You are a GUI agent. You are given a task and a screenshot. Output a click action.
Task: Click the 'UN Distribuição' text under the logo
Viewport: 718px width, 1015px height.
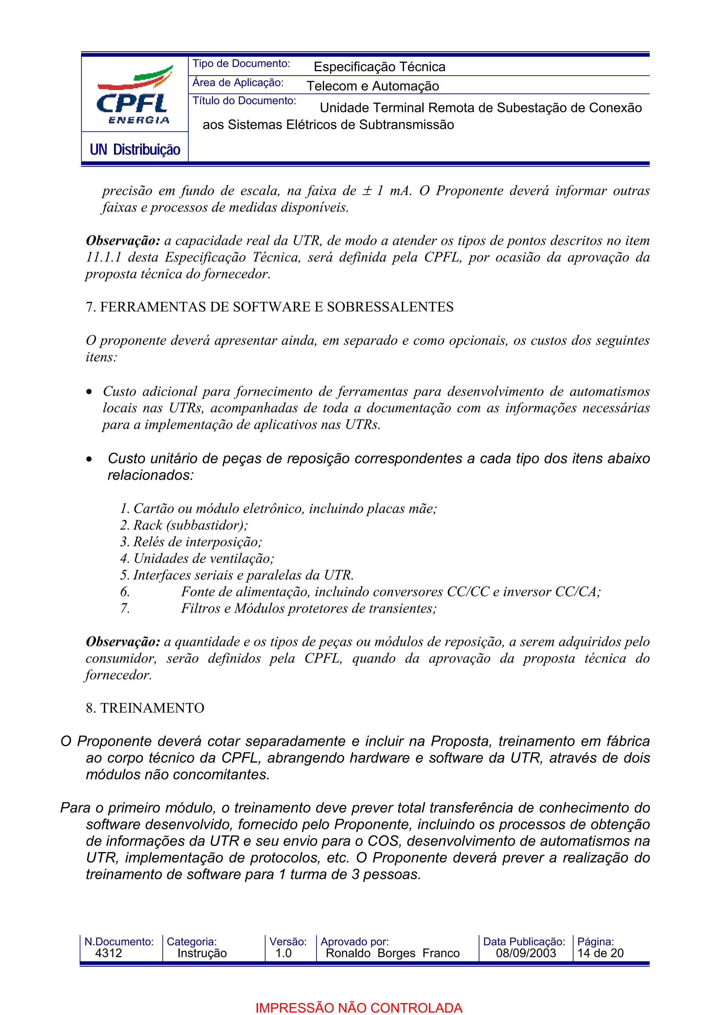[135, 150]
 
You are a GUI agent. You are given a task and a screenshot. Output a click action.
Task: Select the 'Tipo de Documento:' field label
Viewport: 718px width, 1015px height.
[241, 64]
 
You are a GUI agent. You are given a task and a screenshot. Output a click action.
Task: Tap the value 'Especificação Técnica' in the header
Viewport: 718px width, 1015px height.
[379, 67]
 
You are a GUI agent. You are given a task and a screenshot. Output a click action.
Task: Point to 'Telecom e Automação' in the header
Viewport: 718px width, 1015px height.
[372, 86]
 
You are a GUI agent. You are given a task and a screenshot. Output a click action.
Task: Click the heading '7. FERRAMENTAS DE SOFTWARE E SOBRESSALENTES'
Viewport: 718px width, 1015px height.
[269, 307]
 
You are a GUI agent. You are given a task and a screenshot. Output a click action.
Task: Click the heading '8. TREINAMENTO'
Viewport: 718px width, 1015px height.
[145, 708]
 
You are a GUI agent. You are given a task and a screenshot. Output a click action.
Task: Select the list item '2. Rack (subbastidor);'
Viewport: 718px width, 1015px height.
[184, 525]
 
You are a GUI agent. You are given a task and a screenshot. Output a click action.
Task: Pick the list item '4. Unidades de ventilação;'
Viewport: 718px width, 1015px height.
[197, 558]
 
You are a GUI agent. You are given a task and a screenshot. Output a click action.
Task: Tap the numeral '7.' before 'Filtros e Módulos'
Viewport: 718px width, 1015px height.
[125, 608]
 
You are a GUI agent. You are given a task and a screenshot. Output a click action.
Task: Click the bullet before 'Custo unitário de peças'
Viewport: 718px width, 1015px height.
[90, 459]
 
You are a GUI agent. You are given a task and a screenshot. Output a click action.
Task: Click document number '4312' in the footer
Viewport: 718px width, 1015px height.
[108, 953]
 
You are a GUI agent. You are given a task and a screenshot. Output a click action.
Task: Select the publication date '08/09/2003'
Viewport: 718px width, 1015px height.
[526, 953]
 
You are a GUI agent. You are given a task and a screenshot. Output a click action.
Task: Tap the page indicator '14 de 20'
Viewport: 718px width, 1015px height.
[600, 953]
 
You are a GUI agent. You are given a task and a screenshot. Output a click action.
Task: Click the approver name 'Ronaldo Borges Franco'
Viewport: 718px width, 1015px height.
[392, 953]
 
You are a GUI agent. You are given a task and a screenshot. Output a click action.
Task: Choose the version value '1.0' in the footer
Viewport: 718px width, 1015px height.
[283, 953]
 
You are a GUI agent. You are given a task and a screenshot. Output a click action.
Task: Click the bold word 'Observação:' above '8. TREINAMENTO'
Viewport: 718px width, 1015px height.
[123, 641]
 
